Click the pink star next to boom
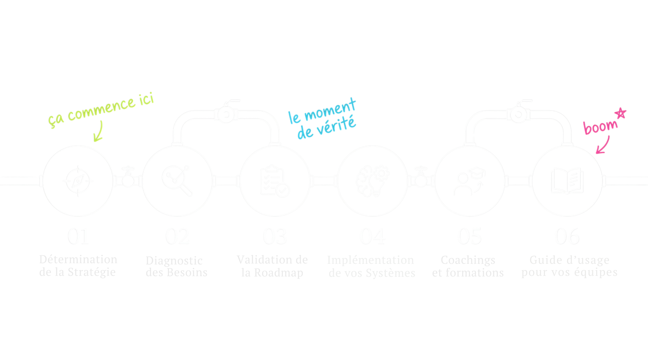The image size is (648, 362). click(x=620, y=113)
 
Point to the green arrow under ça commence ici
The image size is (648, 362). click(x=99, y=132)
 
